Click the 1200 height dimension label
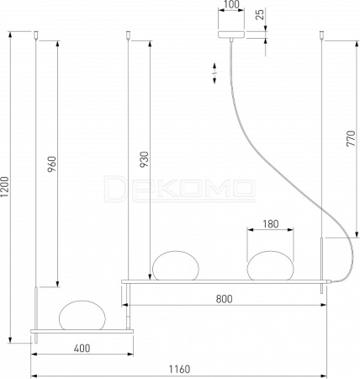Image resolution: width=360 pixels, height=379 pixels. coord(5,187)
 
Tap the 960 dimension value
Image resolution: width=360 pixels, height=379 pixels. coord(52,164)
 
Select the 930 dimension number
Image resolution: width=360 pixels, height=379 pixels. coord(144,159)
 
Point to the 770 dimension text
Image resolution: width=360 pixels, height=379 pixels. coord(351,138)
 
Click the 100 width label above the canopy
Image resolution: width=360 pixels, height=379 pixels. coord(231,4)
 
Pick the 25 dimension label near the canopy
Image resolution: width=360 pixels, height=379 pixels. coord(261,14)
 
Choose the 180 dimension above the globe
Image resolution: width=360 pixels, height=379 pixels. coord(271,224)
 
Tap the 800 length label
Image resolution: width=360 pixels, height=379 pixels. coord(224,299)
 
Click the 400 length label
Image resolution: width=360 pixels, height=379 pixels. coord(82,349)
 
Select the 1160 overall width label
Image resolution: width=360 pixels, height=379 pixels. coord(179,369)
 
